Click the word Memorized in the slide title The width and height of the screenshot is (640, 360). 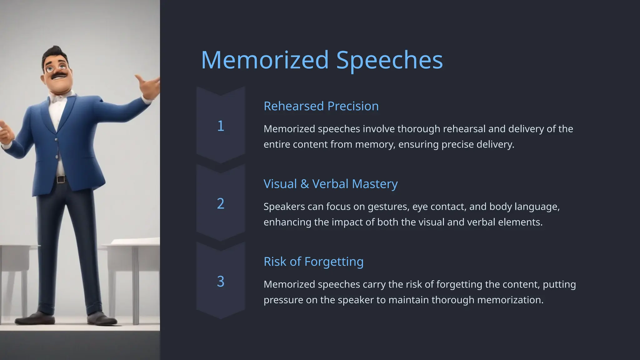[265, 60]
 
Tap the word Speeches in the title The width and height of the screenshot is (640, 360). [389, 61]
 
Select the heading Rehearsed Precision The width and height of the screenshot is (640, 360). [321, 106]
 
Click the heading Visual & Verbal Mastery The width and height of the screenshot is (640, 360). [330, 184]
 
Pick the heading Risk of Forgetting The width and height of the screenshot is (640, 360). [313, 262]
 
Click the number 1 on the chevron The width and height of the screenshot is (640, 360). [221, 126]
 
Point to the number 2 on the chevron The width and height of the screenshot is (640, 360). [221, 204]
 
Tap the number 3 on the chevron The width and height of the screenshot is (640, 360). [221, 282]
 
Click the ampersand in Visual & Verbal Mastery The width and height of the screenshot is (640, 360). [304, 184]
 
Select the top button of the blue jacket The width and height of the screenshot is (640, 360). [56, 140]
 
